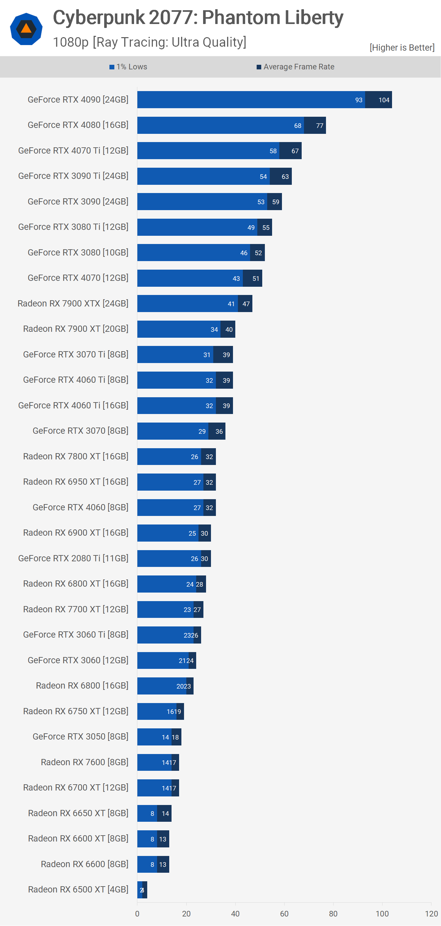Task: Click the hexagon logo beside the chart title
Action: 26,29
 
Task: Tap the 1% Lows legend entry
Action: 128,67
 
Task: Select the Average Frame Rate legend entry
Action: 295,67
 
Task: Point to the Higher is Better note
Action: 402,47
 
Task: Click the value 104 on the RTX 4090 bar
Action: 384,100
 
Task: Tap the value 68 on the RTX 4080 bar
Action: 298,126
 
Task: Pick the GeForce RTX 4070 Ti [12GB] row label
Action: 73,151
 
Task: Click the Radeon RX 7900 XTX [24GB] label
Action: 73,304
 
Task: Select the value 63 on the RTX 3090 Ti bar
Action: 285,177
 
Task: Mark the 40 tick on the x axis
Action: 235,914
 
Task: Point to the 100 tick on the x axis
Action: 382,914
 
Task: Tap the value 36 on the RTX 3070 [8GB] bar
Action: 219,431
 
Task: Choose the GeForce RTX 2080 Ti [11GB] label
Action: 73,558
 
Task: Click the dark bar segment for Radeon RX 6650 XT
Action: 165,814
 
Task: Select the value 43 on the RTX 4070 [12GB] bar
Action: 236,279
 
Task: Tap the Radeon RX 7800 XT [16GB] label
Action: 76,456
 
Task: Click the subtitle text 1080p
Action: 71,42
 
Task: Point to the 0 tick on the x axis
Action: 137,914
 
